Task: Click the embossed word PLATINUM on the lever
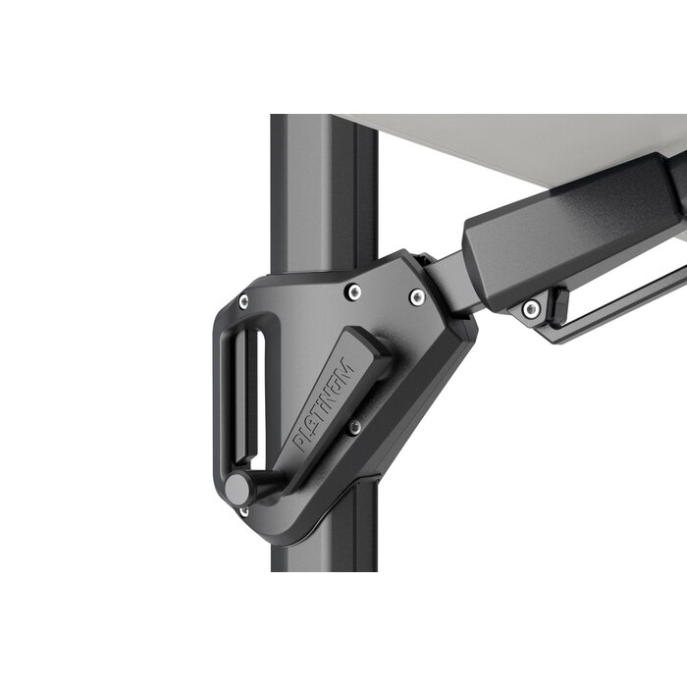click(325, 405)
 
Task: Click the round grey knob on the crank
click(238, 489)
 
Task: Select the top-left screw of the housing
click(243, 301)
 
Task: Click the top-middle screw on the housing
click(353, 291)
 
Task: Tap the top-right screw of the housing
click(417, 296)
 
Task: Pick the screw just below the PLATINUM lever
click(354, 427)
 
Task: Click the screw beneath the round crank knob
click(243, 511)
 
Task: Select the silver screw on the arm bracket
click(531, 308)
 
